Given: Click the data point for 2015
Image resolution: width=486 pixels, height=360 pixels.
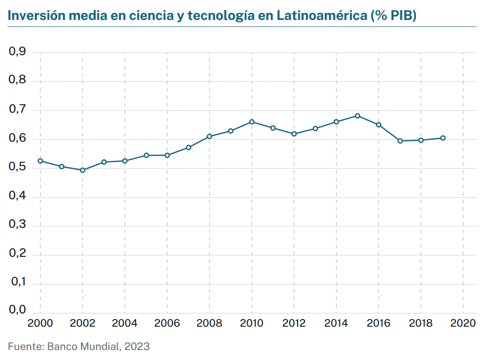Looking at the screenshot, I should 357,116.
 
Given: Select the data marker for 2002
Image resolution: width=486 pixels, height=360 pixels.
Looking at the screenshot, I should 83,170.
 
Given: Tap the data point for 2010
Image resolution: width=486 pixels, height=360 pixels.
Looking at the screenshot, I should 252,122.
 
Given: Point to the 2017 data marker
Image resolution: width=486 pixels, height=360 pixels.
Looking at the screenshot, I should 400,141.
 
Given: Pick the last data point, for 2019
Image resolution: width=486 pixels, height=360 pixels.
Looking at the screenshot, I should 442,138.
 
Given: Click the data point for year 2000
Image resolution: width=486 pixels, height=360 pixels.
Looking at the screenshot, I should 40,161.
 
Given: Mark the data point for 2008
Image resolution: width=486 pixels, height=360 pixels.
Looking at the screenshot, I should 209,136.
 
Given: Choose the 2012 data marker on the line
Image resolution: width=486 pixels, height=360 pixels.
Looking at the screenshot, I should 294,134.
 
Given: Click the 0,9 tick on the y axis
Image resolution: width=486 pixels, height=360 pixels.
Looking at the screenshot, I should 17,52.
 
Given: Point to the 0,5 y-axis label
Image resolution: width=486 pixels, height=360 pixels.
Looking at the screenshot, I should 17,168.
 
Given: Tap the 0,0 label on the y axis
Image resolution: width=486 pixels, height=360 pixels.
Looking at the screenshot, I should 17,310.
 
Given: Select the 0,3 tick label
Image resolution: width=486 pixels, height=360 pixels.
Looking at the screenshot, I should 17,226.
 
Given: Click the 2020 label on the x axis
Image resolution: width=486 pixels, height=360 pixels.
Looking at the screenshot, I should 463,323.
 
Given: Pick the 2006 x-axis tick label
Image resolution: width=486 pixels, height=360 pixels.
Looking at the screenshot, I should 167,323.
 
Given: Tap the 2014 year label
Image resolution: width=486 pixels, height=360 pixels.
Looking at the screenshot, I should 336,323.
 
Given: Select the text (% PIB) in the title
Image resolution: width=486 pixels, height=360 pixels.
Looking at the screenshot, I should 394,15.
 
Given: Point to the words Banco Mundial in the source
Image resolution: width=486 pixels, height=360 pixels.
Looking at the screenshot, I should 83,346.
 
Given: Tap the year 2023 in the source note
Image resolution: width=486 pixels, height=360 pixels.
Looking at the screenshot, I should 137,346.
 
